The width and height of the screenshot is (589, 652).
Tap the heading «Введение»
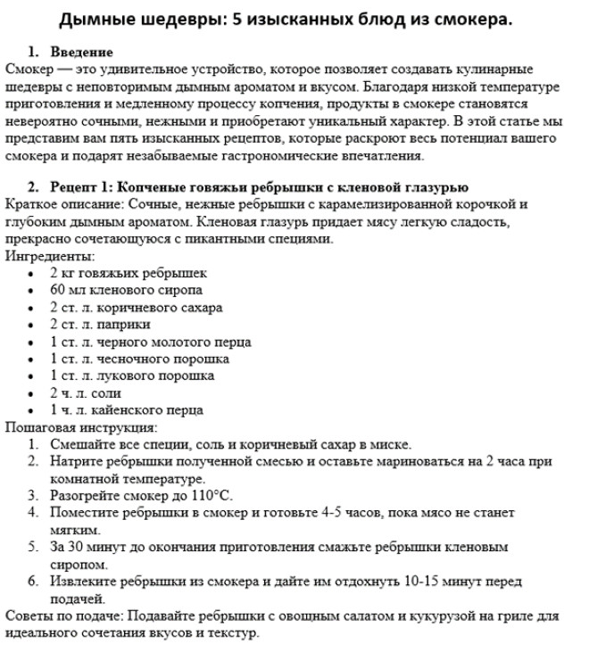click(81, 54)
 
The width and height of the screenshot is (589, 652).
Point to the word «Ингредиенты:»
click(42, 256)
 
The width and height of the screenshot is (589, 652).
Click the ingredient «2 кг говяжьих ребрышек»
click(129, 274)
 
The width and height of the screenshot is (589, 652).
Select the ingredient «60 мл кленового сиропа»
click(126, 290)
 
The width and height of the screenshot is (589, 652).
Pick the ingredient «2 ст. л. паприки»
click(100, 325)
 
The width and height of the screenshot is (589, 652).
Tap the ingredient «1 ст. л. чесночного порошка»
click(139, 359)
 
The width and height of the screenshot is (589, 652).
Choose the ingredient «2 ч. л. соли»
click(86, 393)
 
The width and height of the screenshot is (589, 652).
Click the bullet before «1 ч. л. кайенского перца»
click(33, 411)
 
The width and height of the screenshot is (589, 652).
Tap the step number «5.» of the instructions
click(33, 547)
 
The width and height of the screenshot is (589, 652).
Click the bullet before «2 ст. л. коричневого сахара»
click(33, 308)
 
